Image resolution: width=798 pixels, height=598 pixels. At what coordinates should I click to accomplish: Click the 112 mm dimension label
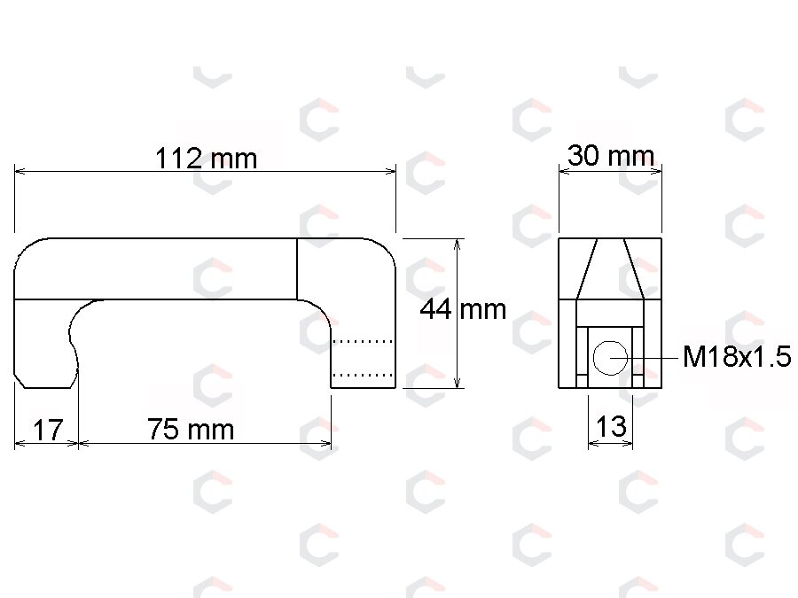(206, 159)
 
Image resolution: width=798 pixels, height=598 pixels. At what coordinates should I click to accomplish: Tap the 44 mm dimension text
(463, 309)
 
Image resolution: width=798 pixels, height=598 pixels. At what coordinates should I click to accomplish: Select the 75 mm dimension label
(191, 429)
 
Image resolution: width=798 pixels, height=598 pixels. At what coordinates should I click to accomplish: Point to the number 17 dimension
(48, 431)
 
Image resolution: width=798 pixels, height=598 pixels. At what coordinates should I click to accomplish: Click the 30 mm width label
(611, 156)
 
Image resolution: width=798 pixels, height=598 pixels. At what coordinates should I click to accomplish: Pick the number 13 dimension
(611, 426)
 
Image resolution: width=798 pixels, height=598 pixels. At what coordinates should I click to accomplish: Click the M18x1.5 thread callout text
(737, 356)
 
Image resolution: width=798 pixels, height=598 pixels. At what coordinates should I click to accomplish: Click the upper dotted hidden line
(363, 341)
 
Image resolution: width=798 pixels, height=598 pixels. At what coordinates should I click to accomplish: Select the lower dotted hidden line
(363, 375)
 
